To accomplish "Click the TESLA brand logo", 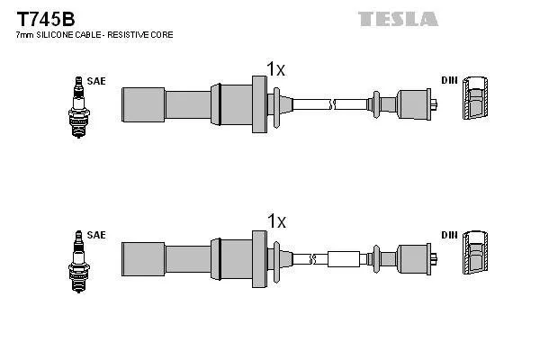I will coord(398,18).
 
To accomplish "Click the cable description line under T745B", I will coord(94,34).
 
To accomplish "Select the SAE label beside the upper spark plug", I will coord(96,81).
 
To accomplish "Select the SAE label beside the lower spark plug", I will coord(96,235).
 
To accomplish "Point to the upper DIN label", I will coord(449,81).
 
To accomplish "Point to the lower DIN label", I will coord(449,235).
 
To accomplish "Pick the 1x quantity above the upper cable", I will coord(275,68).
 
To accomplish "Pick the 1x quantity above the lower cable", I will coord(275,221).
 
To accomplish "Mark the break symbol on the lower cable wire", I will coord(312,259).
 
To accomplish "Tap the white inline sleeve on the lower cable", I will coord(343,259).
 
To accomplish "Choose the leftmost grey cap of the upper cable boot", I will coord(142,103).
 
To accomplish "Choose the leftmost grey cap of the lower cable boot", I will coord(142,259).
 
